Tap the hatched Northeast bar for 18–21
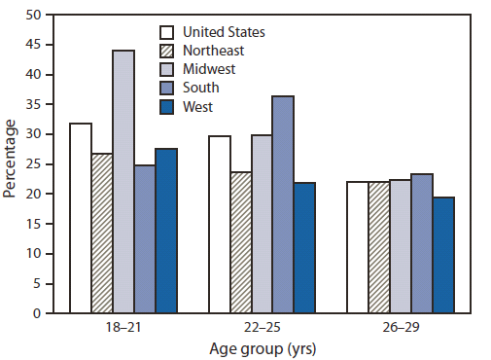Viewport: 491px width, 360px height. (102, 234)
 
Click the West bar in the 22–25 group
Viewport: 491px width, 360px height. (304, 248)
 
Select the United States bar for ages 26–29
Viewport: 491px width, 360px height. (358, 247)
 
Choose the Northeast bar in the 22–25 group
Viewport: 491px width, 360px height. (240, 242)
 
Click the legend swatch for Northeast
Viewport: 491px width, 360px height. (167, 51)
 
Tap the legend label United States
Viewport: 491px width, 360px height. (224, 31)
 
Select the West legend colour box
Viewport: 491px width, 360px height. (167, 106)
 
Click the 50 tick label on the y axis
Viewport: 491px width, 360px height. (34, 16)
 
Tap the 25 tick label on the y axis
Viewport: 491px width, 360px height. (34, 164)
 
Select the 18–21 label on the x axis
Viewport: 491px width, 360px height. (123, 328)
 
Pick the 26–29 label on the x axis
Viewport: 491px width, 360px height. (401, 328)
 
